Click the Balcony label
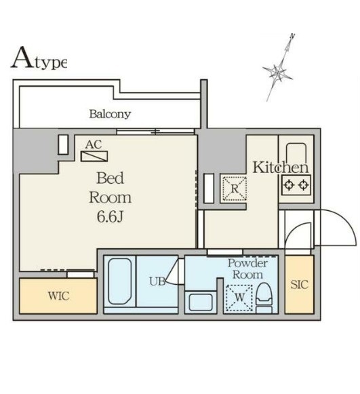(x=110, y=114)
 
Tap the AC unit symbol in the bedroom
(x=94, y=156)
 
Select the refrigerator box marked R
(x=235, y=189)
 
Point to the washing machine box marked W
(x=239, y=298)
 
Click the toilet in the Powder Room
(x=264, y=298)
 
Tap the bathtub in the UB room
(x=119, y=281)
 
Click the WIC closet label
(x=58, y=296)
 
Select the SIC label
(x=299, y=284)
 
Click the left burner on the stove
(x=289, y=185)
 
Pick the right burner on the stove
(x=304, y=185)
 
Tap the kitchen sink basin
(x=296, y=153)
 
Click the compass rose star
(x=277, y=72)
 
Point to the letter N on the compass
(x=292, y=36)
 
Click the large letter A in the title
(x=22, y=58)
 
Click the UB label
(x=157, y=281)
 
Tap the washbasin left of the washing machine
(x=201, y=302)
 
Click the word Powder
(x=247, y=263)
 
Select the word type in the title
(x=51, y=63)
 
